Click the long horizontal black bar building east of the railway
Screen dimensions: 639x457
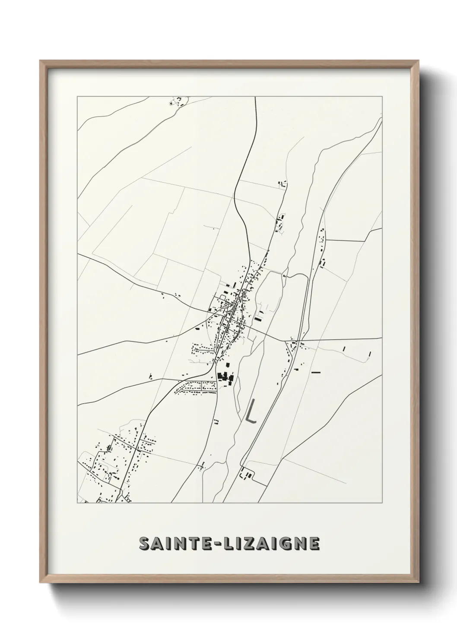click(316, 371)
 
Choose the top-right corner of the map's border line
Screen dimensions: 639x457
click(382, 97)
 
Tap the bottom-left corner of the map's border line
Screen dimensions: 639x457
click(77, 503)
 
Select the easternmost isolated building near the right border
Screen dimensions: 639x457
click(370, 354)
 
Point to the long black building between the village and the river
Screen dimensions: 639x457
click(258, 319)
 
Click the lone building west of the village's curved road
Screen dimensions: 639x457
click(150, 376)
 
